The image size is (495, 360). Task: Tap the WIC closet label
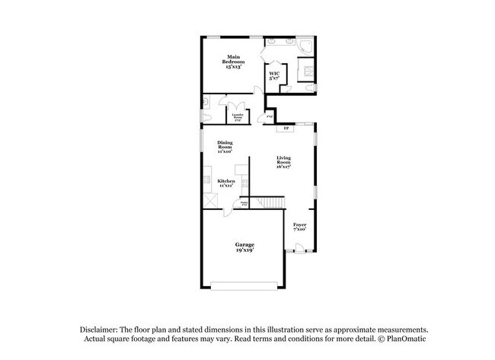click(x=273, y=74)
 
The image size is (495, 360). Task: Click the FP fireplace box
click(x=286, y=129)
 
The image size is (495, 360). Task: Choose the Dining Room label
click(x=225, y=145)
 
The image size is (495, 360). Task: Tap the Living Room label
click(x=283, y=160)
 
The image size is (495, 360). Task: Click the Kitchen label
click(x=226, y=180)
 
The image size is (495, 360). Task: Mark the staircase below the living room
click(x=272, y=202)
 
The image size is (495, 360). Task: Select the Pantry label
click(x=244, y=202)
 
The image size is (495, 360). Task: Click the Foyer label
click(x=300, y=225)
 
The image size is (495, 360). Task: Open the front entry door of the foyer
click(x=300, y=247)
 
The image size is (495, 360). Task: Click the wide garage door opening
click(x=244, y=286)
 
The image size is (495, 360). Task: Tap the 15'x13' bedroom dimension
click(x=232, y=67)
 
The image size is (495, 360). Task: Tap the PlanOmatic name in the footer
click(x=395, y=339)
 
